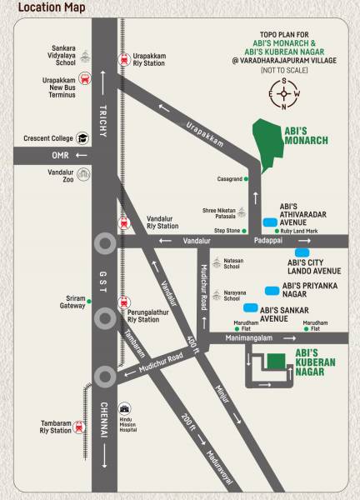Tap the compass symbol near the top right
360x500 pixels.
[284, 93]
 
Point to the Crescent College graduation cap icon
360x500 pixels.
[83, 137]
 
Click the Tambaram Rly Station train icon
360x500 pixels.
[79, 427]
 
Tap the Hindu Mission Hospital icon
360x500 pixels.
[126, 410]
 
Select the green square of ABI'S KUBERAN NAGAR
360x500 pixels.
[274, 361]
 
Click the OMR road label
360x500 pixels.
[59, 155]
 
